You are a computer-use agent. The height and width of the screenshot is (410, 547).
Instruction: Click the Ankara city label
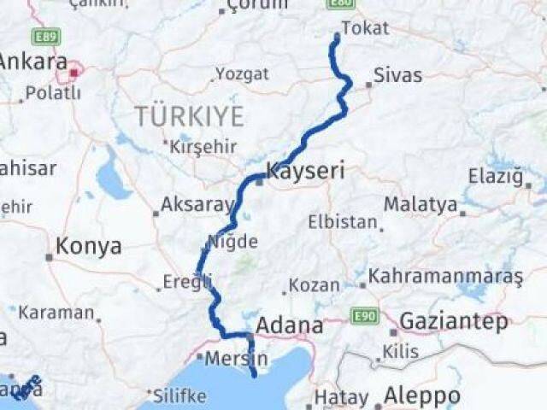[x=32, y=61]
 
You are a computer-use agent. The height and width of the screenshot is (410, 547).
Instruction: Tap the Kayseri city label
[x=305, y=171]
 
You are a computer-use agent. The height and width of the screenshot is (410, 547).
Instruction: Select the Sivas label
[x=398, y=75]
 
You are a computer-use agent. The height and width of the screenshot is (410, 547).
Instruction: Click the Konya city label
[x=88, y=247]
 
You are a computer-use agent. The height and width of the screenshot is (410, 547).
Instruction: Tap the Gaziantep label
[x=454, y=322]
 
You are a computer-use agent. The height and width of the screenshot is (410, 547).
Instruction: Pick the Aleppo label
[x=421, y=396]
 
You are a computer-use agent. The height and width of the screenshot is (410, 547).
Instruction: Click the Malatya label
[x=420, y=204]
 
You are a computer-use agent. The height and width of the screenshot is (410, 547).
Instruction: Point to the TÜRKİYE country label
[x=189, y=116]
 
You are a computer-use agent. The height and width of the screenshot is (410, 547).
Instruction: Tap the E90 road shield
[x=364, y=316]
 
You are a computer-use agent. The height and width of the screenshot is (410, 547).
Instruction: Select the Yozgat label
[x=242, y=73]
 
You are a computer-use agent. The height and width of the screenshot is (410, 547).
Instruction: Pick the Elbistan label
[x=343, y=222]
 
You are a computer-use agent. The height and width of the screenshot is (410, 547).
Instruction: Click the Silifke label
[x=179, y=395]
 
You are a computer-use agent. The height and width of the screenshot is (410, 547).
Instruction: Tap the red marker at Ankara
[x=74, y=73]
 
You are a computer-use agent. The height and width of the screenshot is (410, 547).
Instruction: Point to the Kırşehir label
[x=203, y=146]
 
